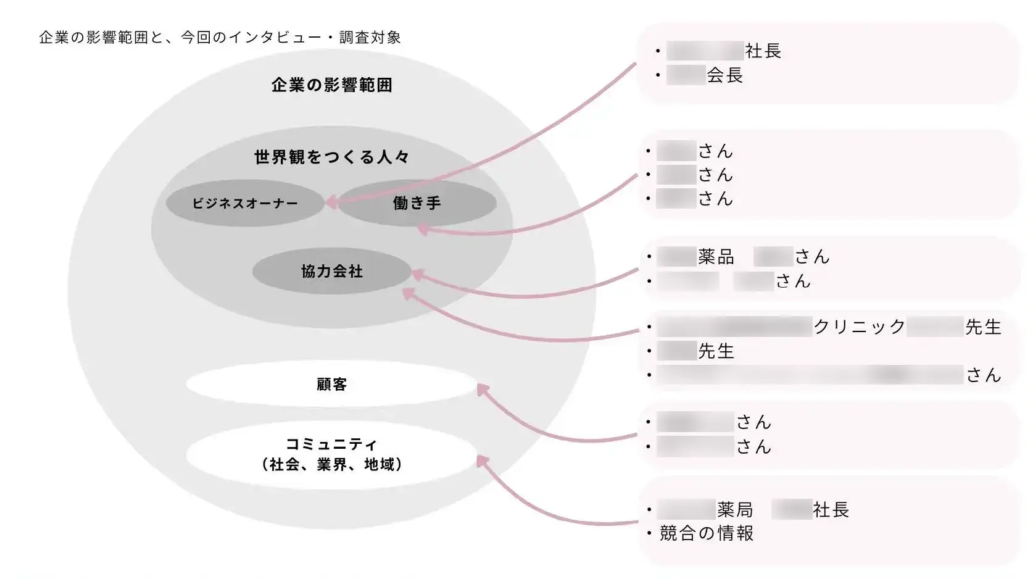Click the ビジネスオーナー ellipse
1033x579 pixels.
[245, 203]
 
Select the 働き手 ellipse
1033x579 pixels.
[417, 203]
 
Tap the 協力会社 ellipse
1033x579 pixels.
[332, 271]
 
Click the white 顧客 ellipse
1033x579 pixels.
[332, 384]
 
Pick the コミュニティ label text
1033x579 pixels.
[331, 444]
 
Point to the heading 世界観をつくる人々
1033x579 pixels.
[332, 157]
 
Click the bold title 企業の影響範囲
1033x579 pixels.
[332, 85]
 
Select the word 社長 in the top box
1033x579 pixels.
[763, 51]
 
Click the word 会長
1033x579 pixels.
[725, 75]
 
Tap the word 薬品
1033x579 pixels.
[716, 257]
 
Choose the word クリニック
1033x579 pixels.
[860, 327]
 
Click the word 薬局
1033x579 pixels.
[735, 510]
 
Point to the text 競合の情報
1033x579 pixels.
[707, 533]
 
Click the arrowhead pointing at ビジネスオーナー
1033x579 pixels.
[331, 202]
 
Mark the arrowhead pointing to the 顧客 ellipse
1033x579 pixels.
[483, 390]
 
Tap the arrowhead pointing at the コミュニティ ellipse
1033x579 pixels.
[483, 461]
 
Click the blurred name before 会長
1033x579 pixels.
[686, 75]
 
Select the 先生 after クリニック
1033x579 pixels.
[983, 327]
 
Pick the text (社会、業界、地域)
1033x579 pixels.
[332, 464]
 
